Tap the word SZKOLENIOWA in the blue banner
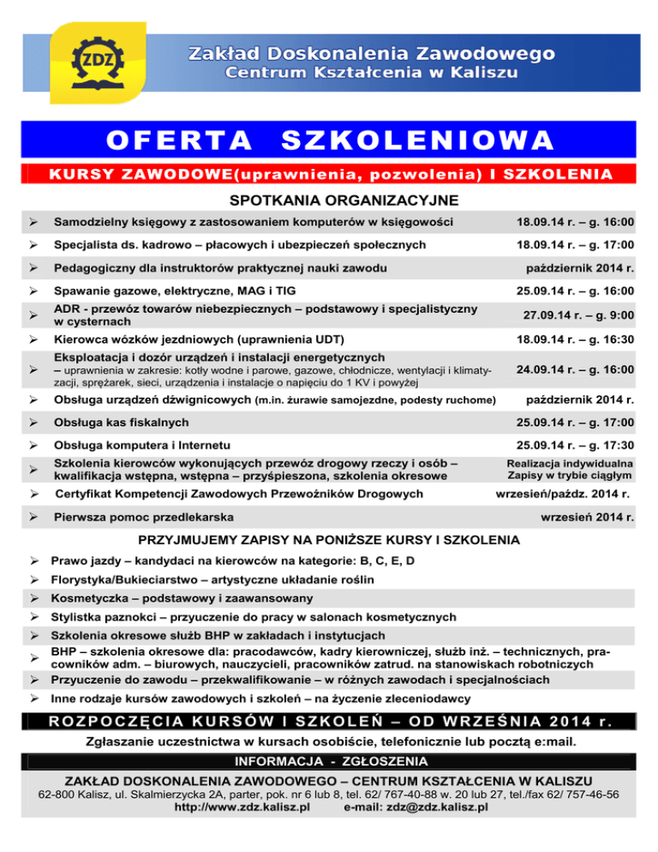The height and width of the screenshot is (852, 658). click(x=417, y=140)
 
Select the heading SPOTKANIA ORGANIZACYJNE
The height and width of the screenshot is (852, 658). click(x=329, y=201)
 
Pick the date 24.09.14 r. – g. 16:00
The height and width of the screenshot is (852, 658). click(x=575, y=369)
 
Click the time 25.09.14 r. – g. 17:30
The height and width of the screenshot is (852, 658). click(x=575, y=445)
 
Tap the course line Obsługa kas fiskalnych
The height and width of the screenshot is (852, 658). click(x=121, y=423)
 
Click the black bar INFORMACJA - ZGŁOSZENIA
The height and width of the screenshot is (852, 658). click(x=329, y=761)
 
